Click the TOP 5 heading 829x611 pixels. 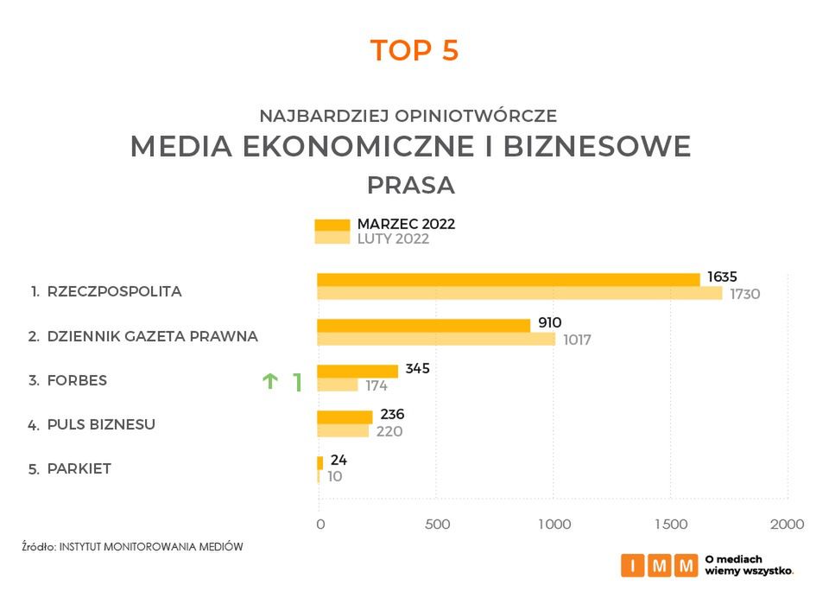(414, 50)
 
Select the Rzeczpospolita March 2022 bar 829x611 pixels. (508, 279)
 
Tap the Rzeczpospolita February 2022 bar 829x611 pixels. (519, 293)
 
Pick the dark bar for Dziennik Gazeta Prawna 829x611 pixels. (423, 325)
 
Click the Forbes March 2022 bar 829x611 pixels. (358, 371)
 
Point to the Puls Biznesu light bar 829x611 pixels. (343, 430)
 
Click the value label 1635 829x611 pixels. (722, 277)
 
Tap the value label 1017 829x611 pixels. (576, 340)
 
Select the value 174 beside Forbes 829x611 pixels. (377, 385)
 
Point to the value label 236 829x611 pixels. (392, 415)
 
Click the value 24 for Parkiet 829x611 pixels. (339, 460)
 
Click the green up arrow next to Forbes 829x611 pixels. (270, 380)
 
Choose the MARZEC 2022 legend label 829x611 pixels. (406, 224)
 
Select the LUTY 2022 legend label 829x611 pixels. (393, 239)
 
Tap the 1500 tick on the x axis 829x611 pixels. (671, 524)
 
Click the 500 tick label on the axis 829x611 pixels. (438, 524)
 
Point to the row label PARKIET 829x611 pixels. (79, 469)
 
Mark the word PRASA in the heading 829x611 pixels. (410, 186)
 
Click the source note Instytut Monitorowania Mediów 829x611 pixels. (132, 546)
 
